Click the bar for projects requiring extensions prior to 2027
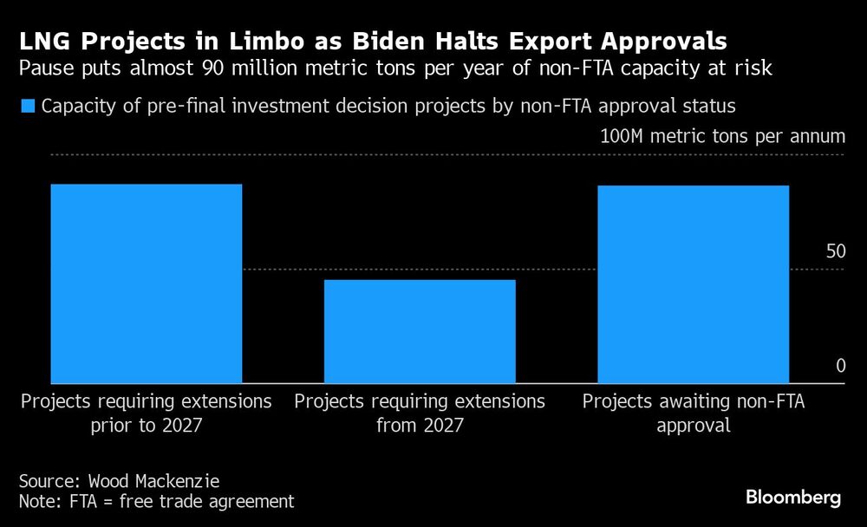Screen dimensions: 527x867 tap(146, 283)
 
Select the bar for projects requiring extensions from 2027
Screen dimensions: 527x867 tap(420, 331)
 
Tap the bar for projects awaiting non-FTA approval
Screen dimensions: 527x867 tap(694, 284)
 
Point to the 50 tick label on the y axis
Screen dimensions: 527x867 tap(835, 252)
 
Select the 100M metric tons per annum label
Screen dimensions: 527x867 tap(722, 137)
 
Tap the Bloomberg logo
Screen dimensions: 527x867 tap(793, 498)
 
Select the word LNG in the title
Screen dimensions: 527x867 tap(44, 41)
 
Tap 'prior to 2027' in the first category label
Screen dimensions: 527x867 tap(146, 426)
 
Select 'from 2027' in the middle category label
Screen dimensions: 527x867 tap(420, 426)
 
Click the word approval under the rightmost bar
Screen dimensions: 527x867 tap(694, 426)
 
